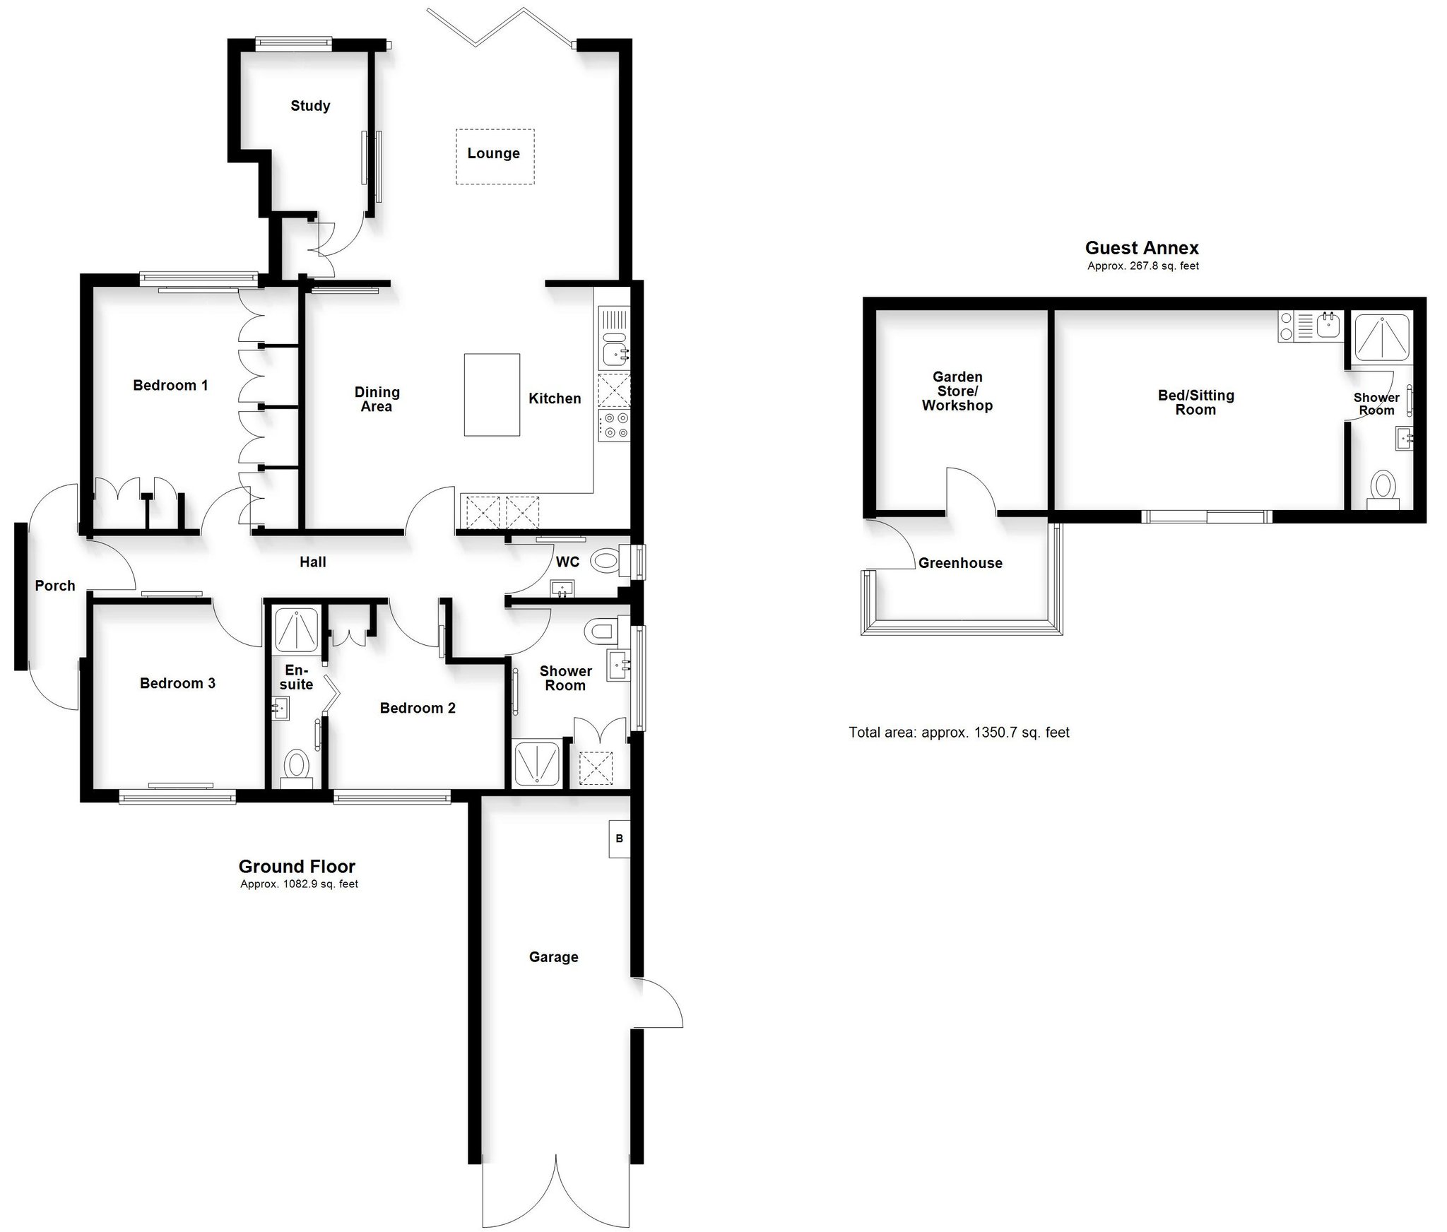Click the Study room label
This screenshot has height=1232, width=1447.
(x=310, y=106)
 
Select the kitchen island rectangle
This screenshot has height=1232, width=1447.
(x=492, y=395)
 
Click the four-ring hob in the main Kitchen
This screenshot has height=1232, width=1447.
(x=614, y=427)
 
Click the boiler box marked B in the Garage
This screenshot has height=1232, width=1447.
(x=619, y=839)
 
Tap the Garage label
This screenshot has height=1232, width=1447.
(x=553, y=957)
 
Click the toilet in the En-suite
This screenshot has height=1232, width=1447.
(x=296, y=769)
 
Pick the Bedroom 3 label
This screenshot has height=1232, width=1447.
(x=177, y=683)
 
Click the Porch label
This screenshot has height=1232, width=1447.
(x=55, y=586)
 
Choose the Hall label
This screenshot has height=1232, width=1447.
(x=313, y=562)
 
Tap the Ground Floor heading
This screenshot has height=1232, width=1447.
(x=297, y=867)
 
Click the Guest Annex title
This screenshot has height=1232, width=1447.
(x=1142, y=248)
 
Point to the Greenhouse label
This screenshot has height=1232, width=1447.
(x=960, y=563)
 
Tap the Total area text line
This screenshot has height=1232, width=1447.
(x=959, y=733)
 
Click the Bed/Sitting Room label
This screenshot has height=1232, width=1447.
(x=1196, y=403)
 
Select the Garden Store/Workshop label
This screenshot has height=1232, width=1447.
(x=957, y=391)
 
